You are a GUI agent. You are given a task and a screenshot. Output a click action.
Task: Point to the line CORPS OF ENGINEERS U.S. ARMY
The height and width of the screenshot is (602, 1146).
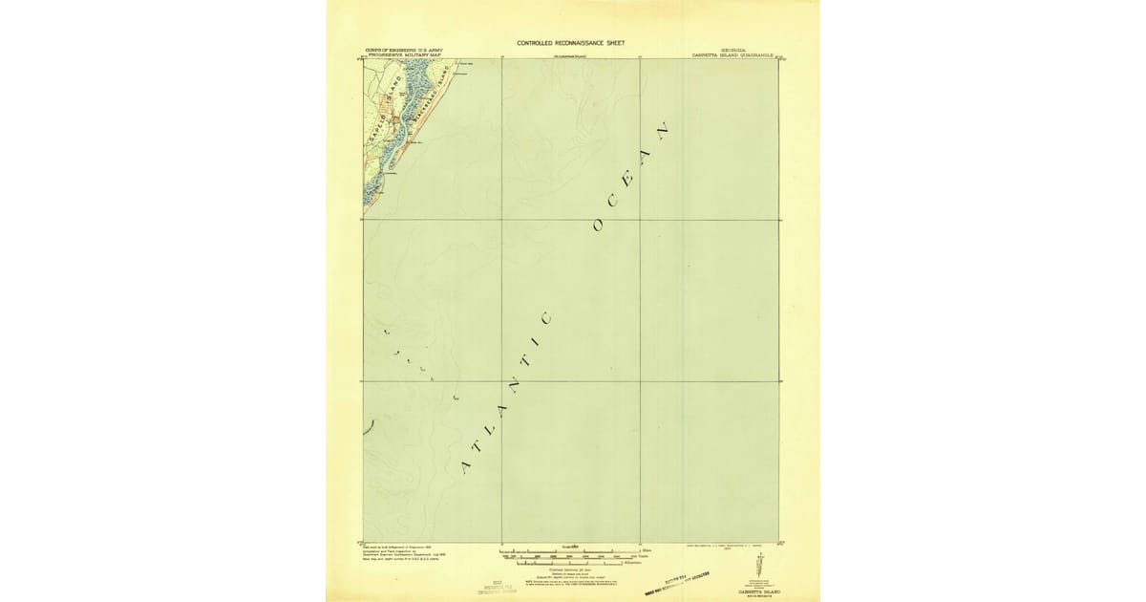(x=406, y=50)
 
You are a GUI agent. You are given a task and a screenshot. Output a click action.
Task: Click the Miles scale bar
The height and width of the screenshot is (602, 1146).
(x=556, y=551)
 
